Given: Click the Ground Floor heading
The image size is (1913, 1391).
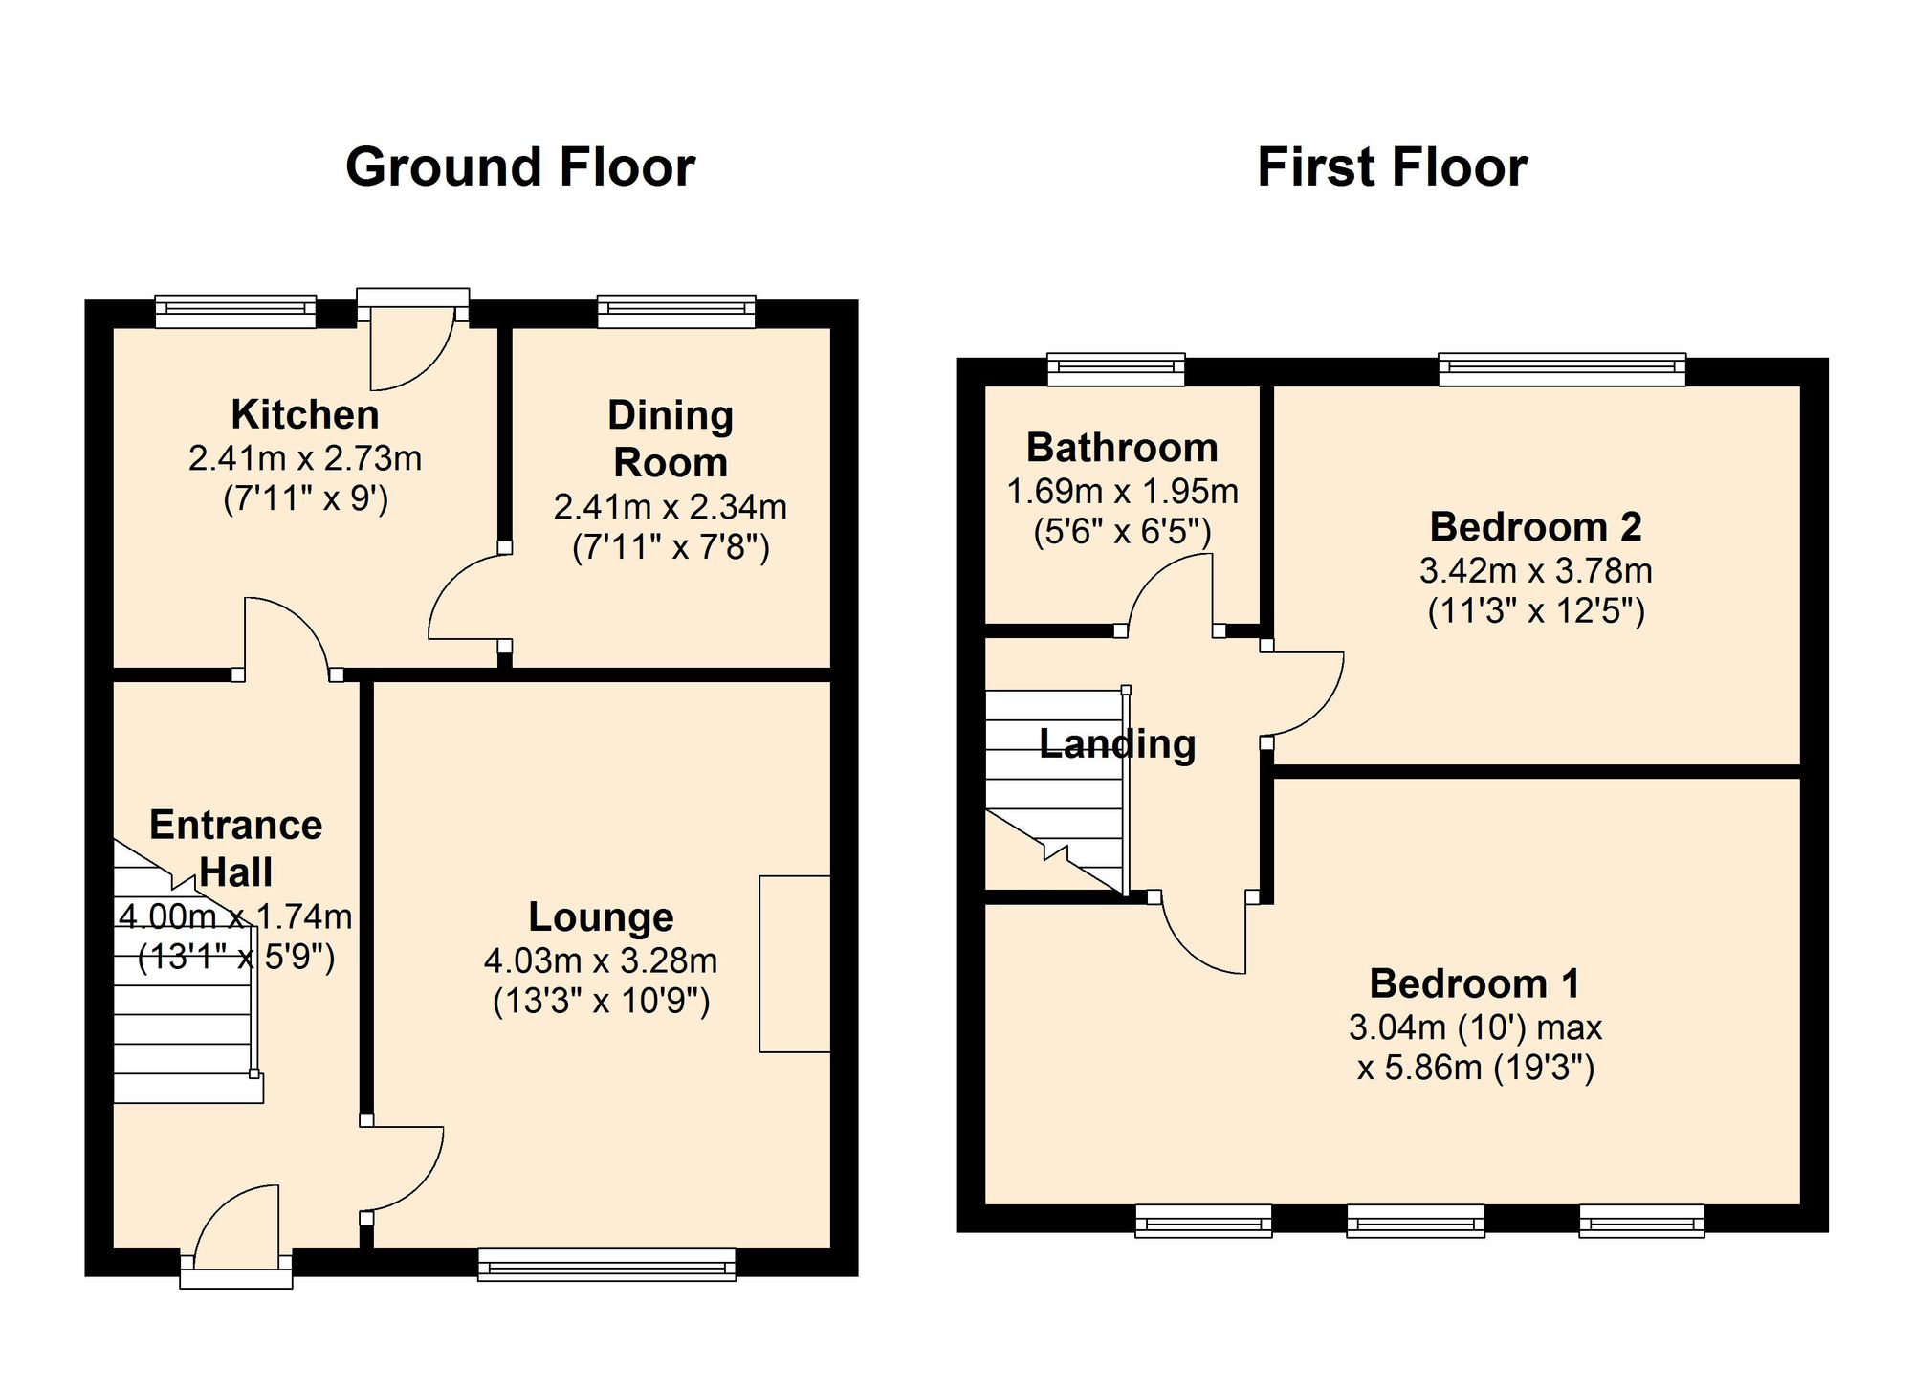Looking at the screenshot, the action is click(520, 167).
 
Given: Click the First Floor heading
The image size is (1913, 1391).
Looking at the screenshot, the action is click(1392, 167).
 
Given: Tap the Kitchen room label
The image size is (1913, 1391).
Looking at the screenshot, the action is click(305, 415).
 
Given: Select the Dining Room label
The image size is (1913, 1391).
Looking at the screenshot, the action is click(671, 439).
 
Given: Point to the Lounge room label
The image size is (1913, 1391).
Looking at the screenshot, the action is click(601, 917).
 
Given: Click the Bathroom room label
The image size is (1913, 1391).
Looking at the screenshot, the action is click(1122, 448).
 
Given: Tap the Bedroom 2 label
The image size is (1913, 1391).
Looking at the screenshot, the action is click(1535, 527).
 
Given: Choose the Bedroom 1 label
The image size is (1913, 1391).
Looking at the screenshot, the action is click(1475, 983).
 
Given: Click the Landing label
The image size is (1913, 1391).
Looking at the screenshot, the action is click(1117, 744).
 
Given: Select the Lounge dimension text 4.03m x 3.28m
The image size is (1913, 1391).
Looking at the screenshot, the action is click(601, 960).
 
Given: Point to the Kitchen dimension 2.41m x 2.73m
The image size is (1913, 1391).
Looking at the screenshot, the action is click(305, 459).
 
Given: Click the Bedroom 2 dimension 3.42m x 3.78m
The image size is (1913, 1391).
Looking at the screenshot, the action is click(1535, 571).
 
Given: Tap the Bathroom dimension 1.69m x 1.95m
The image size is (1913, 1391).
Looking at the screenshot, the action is click(1122, 492).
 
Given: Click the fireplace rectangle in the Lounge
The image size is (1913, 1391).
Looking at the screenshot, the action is click(795, 964).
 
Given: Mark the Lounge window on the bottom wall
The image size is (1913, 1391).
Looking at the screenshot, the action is click(607, 1264).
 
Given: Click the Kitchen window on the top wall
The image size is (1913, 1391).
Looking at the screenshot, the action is click(235, 312).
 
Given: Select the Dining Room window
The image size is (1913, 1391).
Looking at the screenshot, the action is click(676, 312).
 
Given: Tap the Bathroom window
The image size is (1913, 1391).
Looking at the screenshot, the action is click(1116, 369).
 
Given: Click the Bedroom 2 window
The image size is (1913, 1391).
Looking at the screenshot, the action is click(1562, 369).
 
